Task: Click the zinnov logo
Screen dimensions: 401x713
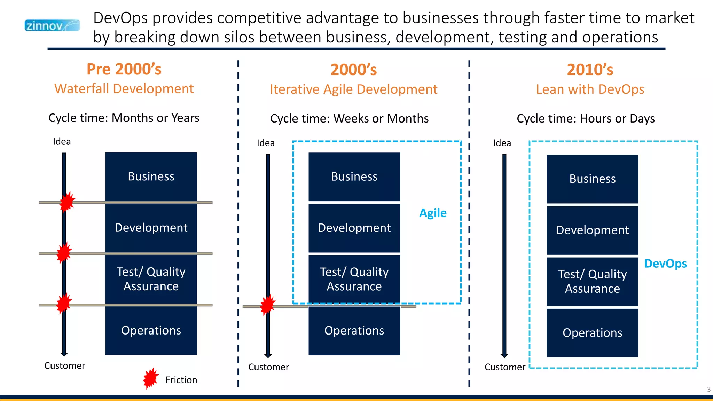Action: pos(52,25)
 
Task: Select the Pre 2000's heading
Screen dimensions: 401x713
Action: pos(124,69)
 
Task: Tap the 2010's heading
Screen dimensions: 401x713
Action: pos(590,70)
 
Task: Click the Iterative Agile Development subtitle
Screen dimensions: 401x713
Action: pos(353,89)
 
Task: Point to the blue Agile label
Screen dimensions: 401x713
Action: pos(433,213)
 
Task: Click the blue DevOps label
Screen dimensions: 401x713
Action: pos(665,264)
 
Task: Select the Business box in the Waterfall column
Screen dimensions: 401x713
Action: pos(151,176)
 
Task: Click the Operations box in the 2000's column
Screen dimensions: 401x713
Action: pos(354,330)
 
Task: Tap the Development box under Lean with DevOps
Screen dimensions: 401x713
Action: pos(592,230)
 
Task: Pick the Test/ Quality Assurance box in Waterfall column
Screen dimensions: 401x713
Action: pos(151,279)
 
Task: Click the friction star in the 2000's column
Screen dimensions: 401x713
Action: pos(268,305)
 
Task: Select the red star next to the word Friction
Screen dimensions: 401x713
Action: pos(151,378)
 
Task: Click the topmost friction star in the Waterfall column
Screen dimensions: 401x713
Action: pos(67,202)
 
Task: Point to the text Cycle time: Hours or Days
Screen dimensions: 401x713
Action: pos(586,119)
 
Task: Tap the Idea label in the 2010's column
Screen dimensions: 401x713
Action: pos(502,143)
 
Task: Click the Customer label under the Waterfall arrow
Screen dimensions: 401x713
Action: pos(65,366)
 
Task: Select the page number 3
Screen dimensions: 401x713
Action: pos(708,390)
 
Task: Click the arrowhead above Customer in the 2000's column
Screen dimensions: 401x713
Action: pos(268,355)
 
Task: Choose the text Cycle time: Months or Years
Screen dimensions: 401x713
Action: pos(124,118)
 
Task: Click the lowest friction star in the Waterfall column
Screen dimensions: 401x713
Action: pos(64,303)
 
